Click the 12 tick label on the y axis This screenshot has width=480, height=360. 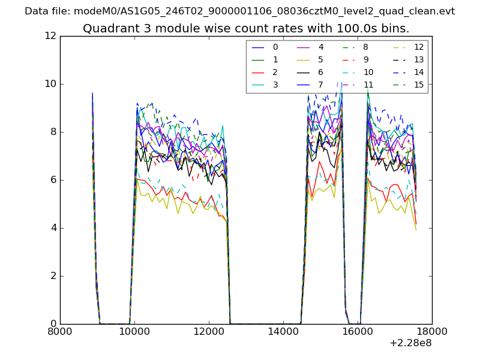50,36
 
